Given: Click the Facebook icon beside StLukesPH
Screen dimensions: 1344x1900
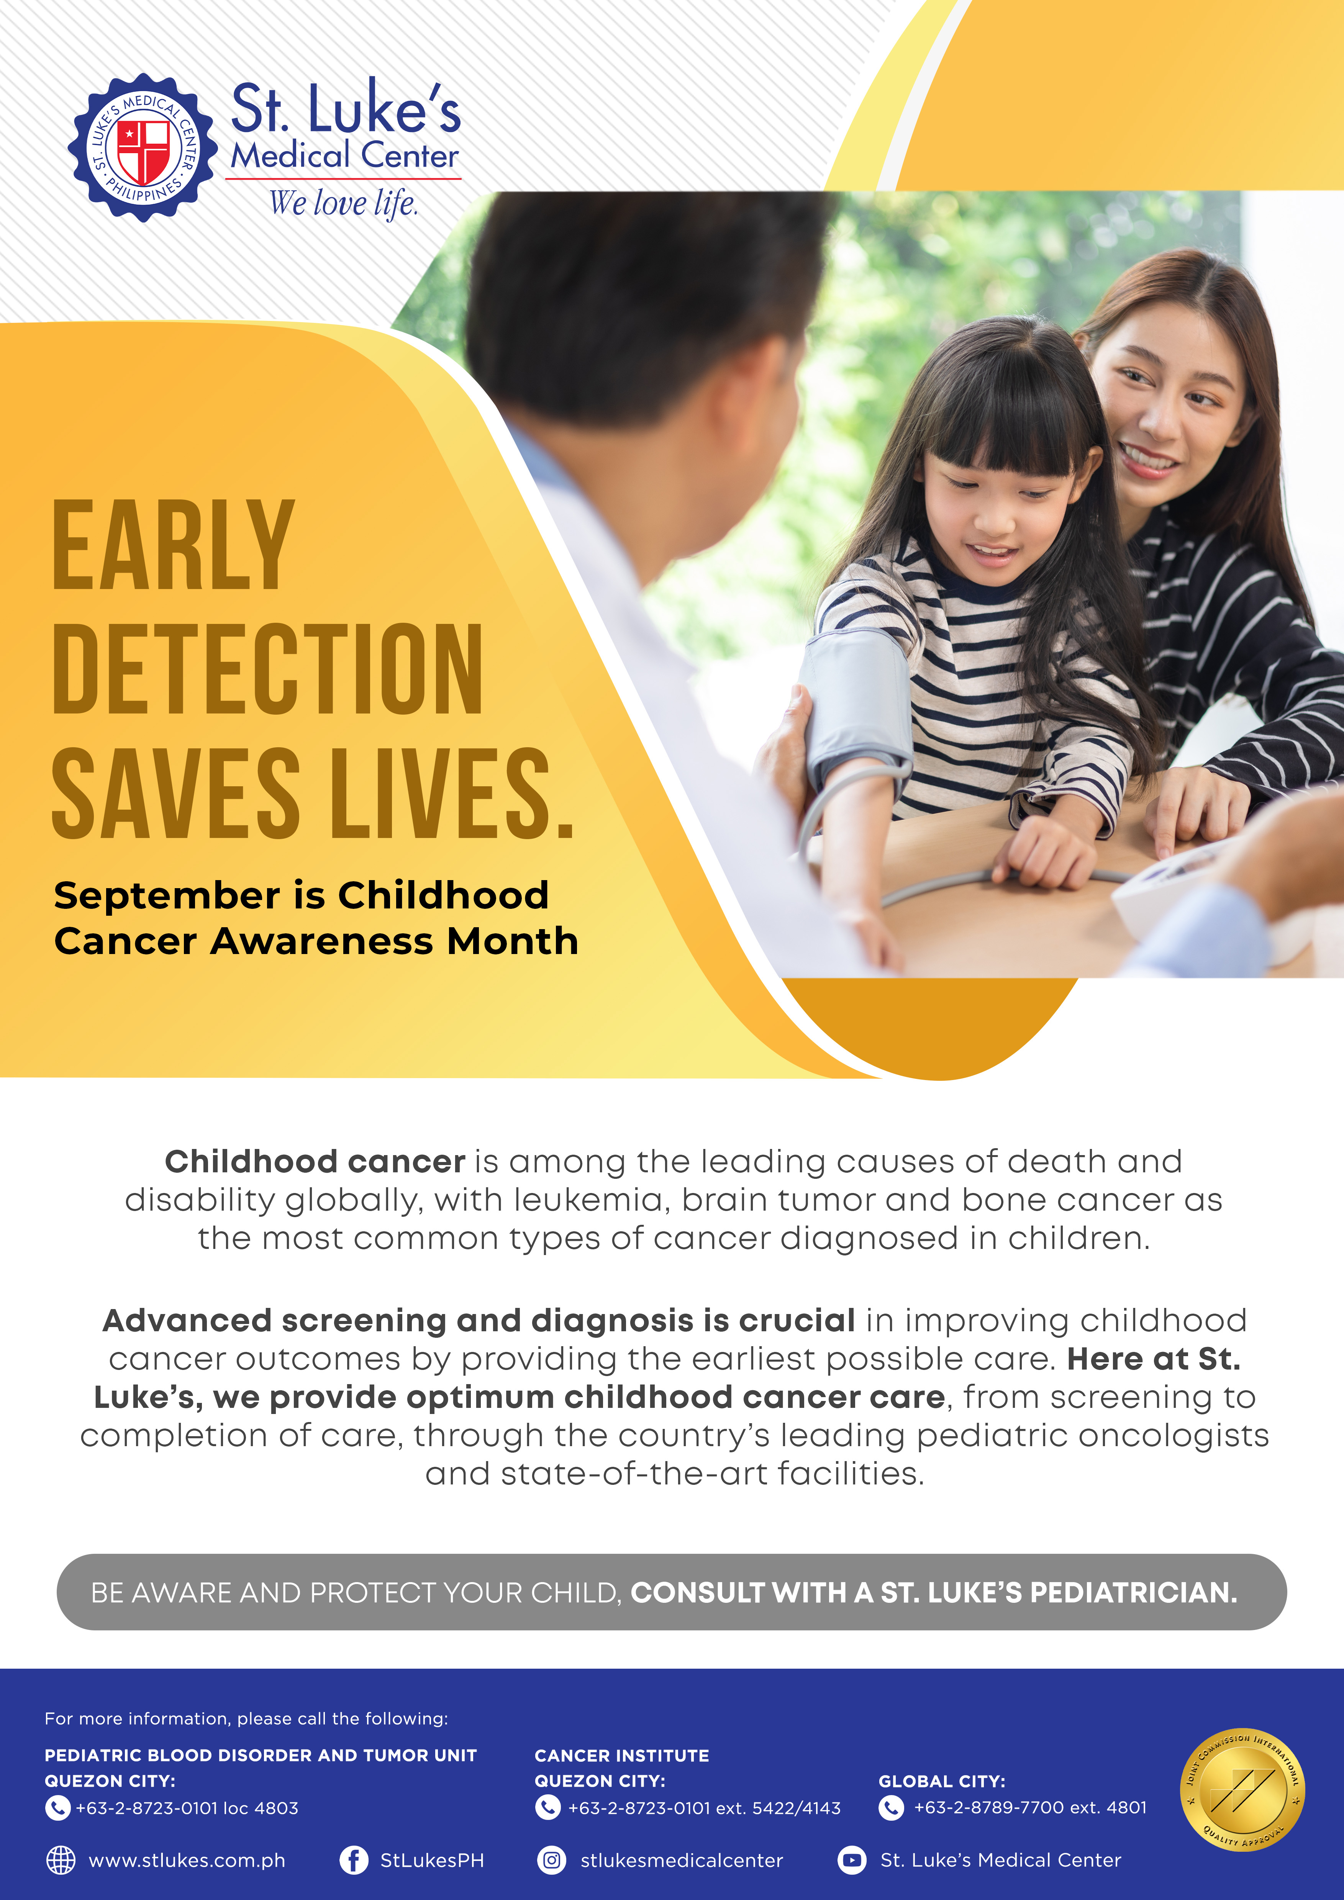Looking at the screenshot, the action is pyautogui.click(x=354, y=1860).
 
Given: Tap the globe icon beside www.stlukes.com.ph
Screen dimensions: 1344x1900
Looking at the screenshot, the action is pyautogui.click(x=61, y=1860).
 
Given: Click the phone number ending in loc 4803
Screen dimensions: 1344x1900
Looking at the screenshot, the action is pyautogui.click(x=187, y=1808).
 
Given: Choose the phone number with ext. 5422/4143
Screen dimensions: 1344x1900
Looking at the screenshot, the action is pyautogui.click(x=704, y=1808).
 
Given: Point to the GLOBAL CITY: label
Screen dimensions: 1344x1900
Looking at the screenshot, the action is pyautogui.click(x=942, y=1781).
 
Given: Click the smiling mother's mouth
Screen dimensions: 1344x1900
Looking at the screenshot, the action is pyautogui.click(x=1149, y=458).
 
